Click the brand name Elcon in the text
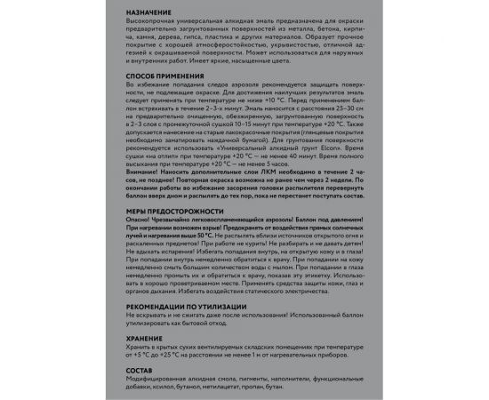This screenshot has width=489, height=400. click(339, 145)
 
